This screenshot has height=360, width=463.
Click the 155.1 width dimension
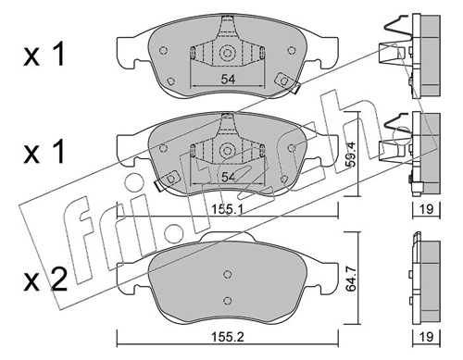pos(228,209)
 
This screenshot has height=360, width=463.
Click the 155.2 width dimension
pos(228,337)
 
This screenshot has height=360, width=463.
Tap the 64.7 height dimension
pos(351,279)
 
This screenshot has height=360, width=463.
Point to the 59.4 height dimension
pos(351,154)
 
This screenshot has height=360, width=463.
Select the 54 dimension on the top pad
pos(228,80)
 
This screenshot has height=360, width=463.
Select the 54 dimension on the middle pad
pos(228,177)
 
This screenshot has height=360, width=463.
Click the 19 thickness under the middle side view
pos(427,209)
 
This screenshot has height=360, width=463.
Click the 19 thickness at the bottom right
pos(427,337)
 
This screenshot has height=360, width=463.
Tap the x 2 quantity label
pos(45,279)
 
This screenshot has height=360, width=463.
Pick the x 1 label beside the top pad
pos(44,55)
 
